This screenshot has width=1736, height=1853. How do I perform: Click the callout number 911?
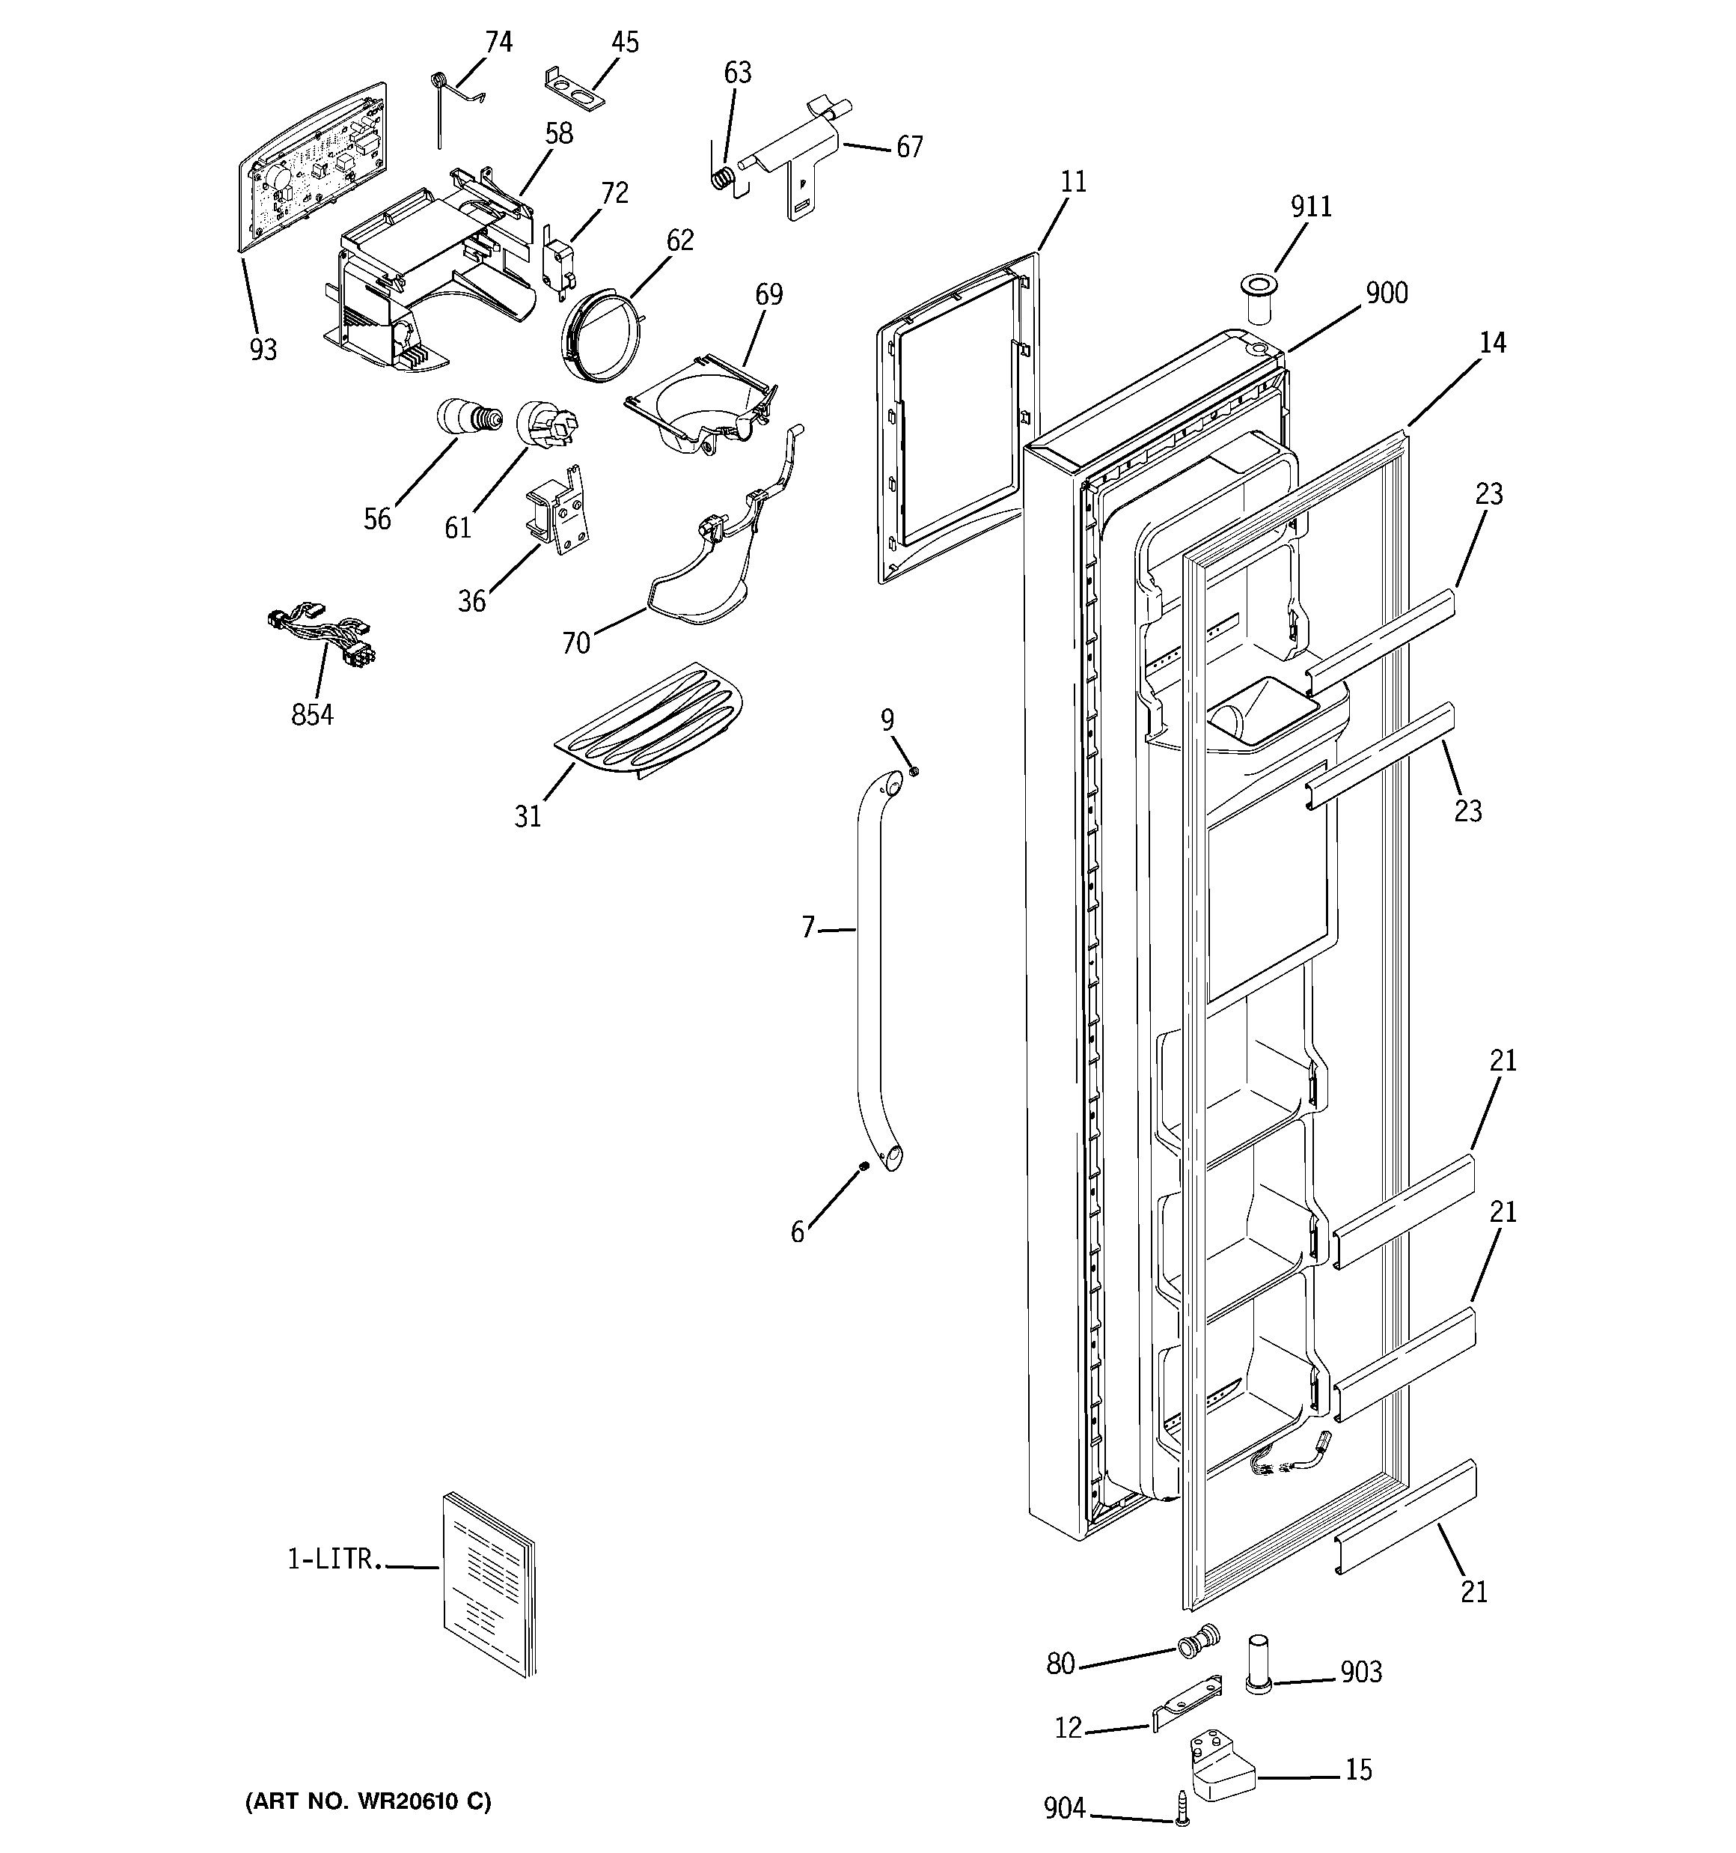(1310, 206)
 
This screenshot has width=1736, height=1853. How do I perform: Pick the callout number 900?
(1386, 293)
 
